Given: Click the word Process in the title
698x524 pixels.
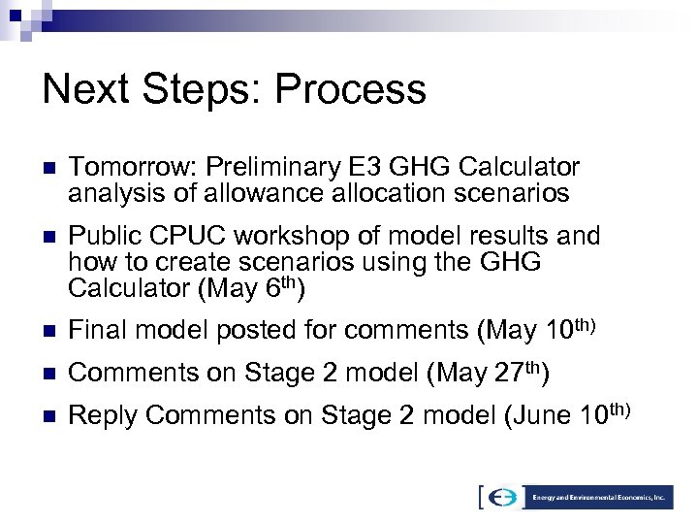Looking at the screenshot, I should click(x=351, y=89).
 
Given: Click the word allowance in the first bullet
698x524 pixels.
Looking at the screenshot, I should click(x=266, y=194).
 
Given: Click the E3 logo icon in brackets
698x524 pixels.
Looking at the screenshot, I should click(x=501, y=498).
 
